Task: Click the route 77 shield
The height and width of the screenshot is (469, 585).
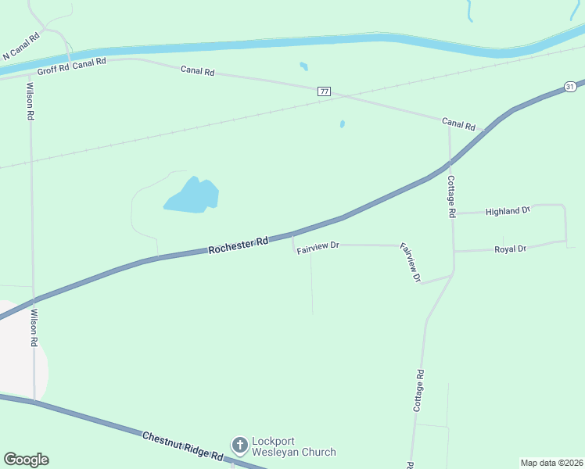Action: [x=325, y=91]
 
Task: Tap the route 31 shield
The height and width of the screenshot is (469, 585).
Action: [x=570, y=86]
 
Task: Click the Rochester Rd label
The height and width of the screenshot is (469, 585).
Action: [x=239, y=245]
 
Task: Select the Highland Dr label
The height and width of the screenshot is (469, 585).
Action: [x=508, y=211]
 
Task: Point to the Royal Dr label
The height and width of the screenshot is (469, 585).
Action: [x=511, y=249]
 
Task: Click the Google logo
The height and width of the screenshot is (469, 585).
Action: [x=26, y=460]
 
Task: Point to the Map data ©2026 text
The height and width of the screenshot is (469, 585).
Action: [x=551, y=462]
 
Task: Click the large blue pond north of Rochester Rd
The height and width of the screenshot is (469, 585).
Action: [x=192, y=196]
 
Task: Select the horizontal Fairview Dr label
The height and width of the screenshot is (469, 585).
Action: [x=318, y=245]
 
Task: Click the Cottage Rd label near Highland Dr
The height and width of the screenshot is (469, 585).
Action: [x=451, y=195]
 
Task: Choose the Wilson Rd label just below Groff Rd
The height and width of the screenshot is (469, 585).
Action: [x=30, y=101]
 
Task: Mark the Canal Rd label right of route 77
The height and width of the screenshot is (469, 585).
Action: [x=458, y=124]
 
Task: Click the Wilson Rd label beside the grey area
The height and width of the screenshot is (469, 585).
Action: [x=34, y=328]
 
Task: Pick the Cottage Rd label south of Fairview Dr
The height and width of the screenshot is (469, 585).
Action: [x=418, y=391]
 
